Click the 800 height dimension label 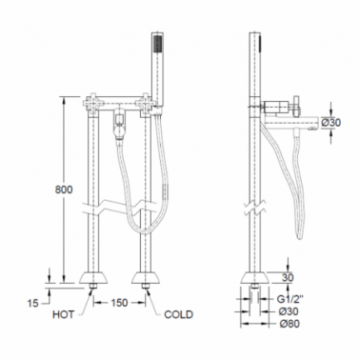(x=64, y=190)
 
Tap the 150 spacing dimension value (x=119, y=303)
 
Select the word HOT (x=64, y=314)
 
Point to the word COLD (x=178, y=314)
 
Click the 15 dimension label (x=32, y=303)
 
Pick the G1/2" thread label (x=290, y=299)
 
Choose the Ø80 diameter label (x=290, y=324)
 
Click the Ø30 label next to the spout (x=330, y=123)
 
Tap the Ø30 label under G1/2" (x=290, y=311)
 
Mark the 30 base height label (x=288, y=278)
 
